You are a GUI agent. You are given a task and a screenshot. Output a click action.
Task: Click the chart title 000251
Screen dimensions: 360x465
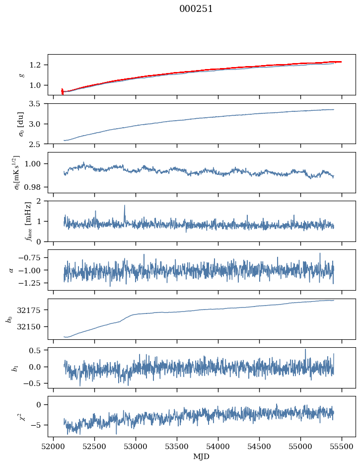click(x=196, y=9)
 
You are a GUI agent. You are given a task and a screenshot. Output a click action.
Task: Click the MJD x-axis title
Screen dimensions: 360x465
click(x=201, y=457)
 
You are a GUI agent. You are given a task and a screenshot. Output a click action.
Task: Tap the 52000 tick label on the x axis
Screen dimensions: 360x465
click(x=53, y=447)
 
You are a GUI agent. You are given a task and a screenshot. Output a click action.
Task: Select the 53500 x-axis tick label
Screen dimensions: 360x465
click(x=177, y=447)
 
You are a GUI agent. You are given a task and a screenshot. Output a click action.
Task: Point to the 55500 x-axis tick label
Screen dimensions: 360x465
click(x=342, y=447)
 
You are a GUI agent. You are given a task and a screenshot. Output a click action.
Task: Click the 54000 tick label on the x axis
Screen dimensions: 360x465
click(x=218, y=447)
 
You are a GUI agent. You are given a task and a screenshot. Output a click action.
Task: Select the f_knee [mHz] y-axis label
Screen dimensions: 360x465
click(x=28, y=221)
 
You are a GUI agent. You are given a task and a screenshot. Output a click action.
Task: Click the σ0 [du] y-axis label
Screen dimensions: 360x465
click(x=21, y=124)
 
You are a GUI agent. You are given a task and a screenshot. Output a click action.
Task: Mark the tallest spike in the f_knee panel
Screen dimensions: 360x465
click(x=125, y=206)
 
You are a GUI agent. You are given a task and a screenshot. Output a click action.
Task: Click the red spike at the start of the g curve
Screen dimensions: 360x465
click(x=62, y=91)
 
